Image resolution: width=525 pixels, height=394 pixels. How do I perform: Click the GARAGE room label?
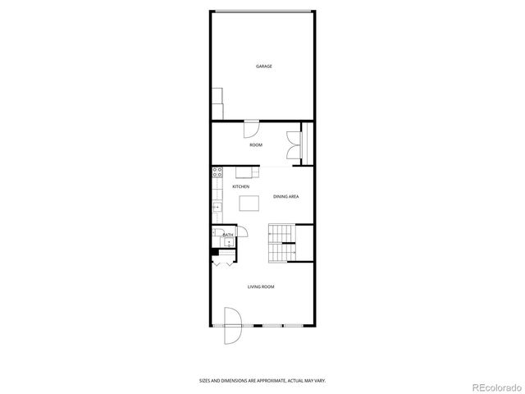point(263,66)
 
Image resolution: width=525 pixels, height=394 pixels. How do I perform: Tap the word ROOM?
point(256,145)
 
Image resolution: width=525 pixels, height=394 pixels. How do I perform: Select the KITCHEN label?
point(241,187)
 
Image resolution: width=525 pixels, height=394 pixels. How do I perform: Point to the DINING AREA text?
point(285,197)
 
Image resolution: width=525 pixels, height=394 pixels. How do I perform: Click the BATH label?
point(228,236)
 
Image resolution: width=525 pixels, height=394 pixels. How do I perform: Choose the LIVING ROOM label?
point(262,286)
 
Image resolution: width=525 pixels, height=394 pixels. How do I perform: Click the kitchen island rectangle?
point(248,207)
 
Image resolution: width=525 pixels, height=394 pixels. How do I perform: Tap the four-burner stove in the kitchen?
point(217,172)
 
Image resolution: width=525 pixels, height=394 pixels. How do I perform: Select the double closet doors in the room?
point(293,145)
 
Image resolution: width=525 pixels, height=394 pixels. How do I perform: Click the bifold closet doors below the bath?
point(222,262)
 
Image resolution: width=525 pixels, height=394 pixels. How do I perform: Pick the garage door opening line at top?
point(262,11)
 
